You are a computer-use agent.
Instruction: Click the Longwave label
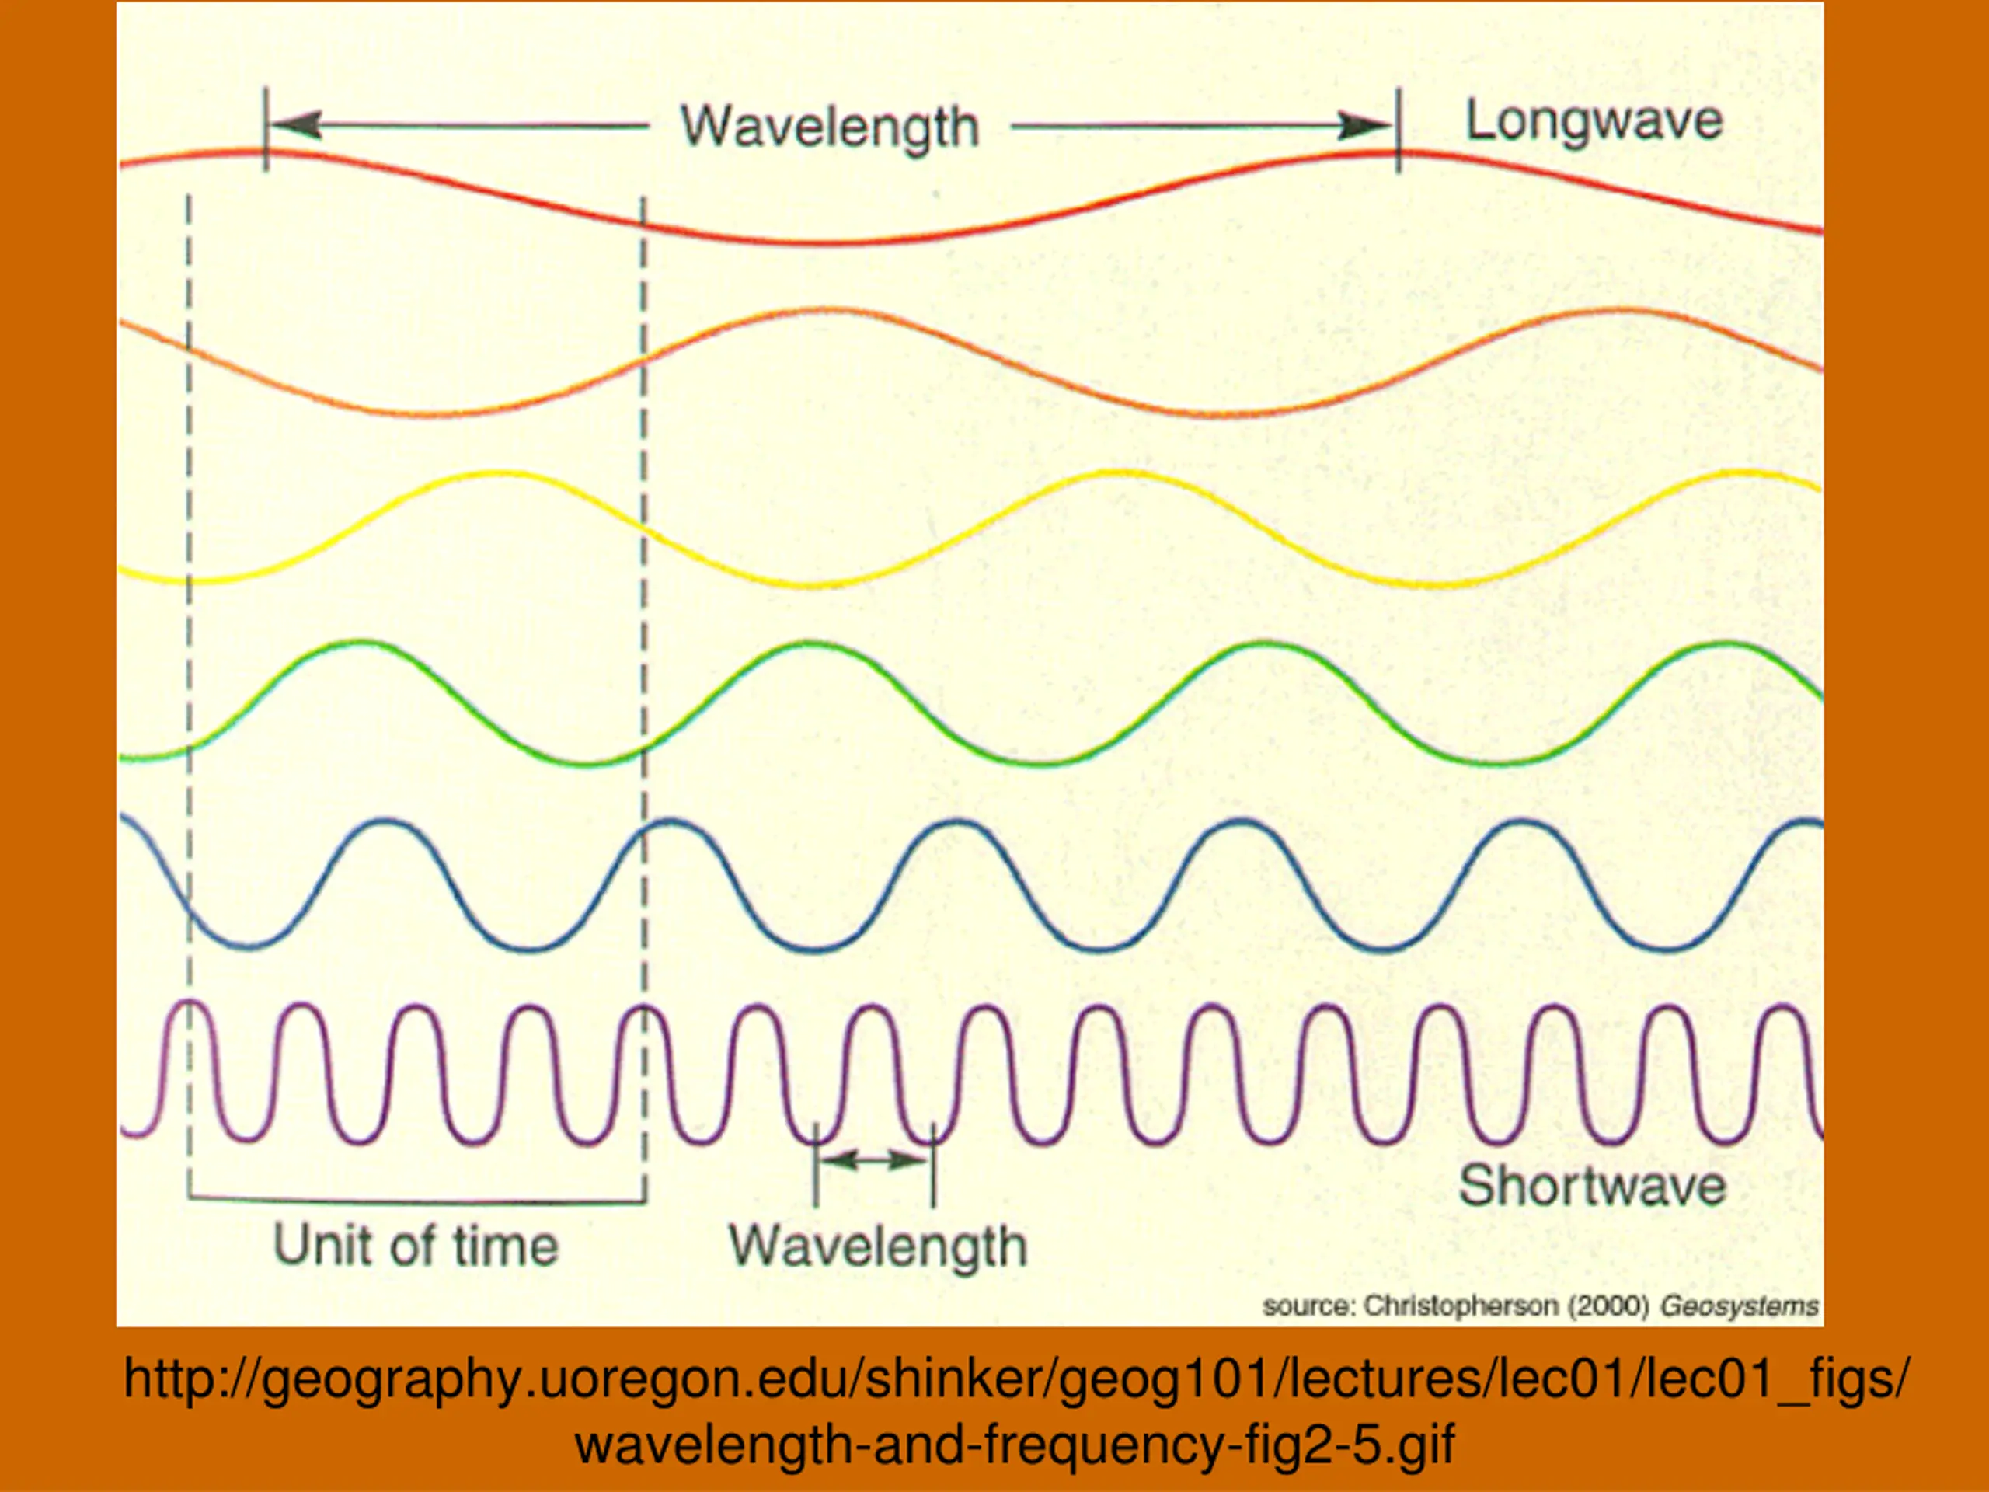tap(1594, 121)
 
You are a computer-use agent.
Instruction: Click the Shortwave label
tap(1591, 1185)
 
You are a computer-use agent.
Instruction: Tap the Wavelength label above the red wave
tap(829, 127)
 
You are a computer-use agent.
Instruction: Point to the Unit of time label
tap(416, 1246)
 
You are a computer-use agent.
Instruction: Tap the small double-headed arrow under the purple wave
tap(874, 1160)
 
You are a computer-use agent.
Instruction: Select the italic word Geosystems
tap(1739, 1305)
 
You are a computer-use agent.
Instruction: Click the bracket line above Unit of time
tap(416, 1201)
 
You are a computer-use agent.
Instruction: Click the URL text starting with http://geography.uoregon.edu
tap(1013, 1379)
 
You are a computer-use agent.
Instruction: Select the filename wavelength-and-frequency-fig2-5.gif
tap(1013, 1446)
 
